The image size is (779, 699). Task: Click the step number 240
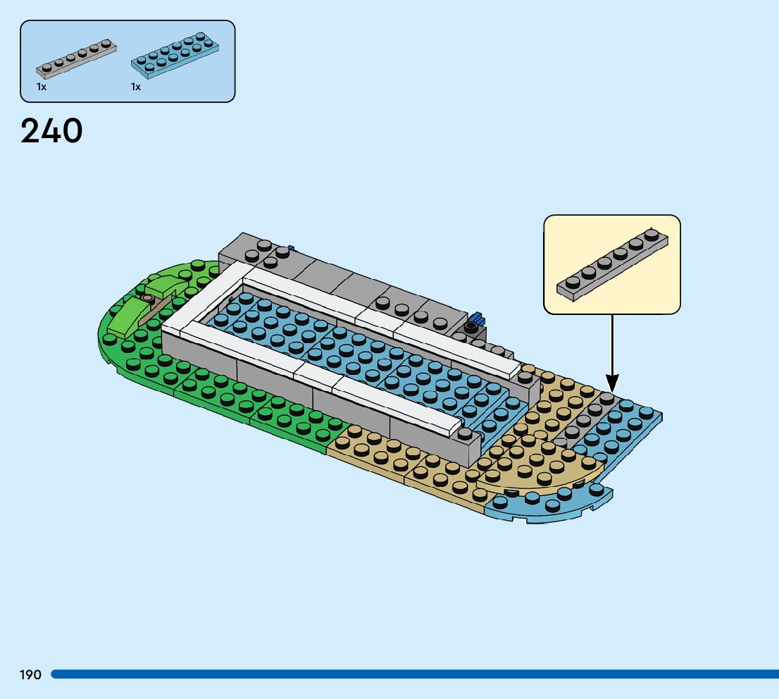coord(51,131)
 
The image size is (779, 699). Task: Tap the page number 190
coord(30,675)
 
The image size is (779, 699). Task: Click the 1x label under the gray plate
coord(42,87)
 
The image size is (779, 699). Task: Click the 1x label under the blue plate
coord(136,87)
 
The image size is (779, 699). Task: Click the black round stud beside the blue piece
coord(470,328)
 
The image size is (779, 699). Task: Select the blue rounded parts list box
coord(127,61)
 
